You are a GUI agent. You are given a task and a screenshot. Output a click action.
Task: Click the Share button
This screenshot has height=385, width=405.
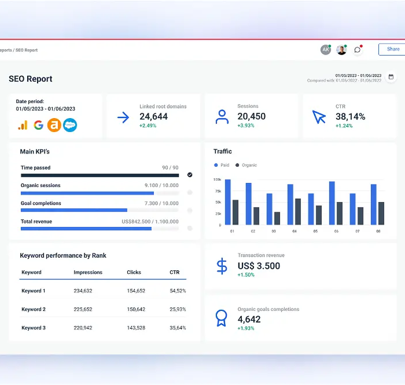tap(392, 49)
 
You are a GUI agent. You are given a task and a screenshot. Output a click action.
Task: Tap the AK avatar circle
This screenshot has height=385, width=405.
tap(326, 50)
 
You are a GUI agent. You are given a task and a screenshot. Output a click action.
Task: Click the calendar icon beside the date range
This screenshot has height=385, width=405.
tap(391, 77)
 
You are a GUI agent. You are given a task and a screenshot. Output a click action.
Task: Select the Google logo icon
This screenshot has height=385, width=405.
tap(39, 124)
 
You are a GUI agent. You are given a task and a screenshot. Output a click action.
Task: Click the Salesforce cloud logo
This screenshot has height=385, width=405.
tap(70, 124)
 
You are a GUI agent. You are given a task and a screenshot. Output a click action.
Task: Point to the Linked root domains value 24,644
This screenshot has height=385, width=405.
tap(154, 116)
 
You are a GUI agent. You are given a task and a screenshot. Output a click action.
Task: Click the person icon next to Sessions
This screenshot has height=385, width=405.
tap(222, 117)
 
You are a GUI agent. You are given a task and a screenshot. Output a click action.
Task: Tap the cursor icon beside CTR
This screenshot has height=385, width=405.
tap(319, 117)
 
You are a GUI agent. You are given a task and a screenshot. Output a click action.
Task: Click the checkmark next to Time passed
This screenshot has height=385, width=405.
tap(190, 174)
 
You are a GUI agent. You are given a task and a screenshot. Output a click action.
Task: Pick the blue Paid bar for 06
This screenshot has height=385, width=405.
tap(332, 203)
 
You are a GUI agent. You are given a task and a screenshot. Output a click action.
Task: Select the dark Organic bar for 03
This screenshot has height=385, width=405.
tap(277, 218)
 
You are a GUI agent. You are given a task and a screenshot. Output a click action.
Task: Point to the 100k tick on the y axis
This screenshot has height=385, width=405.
tap(217, 179)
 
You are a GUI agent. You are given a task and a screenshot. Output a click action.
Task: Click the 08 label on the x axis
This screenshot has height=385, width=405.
tap(378, 231)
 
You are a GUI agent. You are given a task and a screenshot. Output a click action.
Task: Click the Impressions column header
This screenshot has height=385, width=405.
tap(88, 272)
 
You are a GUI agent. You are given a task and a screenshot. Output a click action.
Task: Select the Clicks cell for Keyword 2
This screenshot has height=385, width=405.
tap(136, 309)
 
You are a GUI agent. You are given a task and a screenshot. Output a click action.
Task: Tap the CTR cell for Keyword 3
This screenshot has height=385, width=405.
tap(178, 328)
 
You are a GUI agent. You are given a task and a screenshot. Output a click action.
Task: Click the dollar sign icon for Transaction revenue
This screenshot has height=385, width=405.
tap(222, 266)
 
